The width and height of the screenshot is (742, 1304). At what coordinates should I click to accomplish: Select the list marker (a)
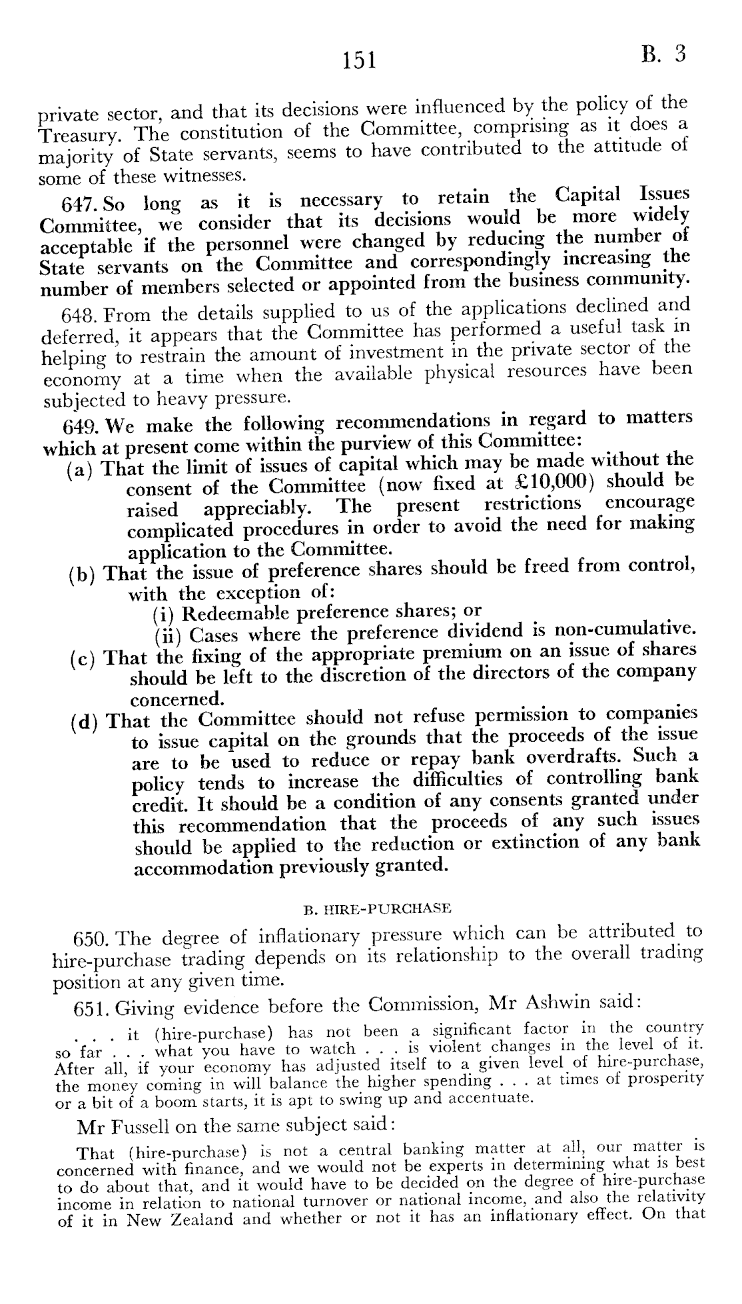click(81, 468)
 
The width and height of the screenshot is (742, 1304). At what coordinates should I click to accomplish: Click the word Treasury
click(79, 135)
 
